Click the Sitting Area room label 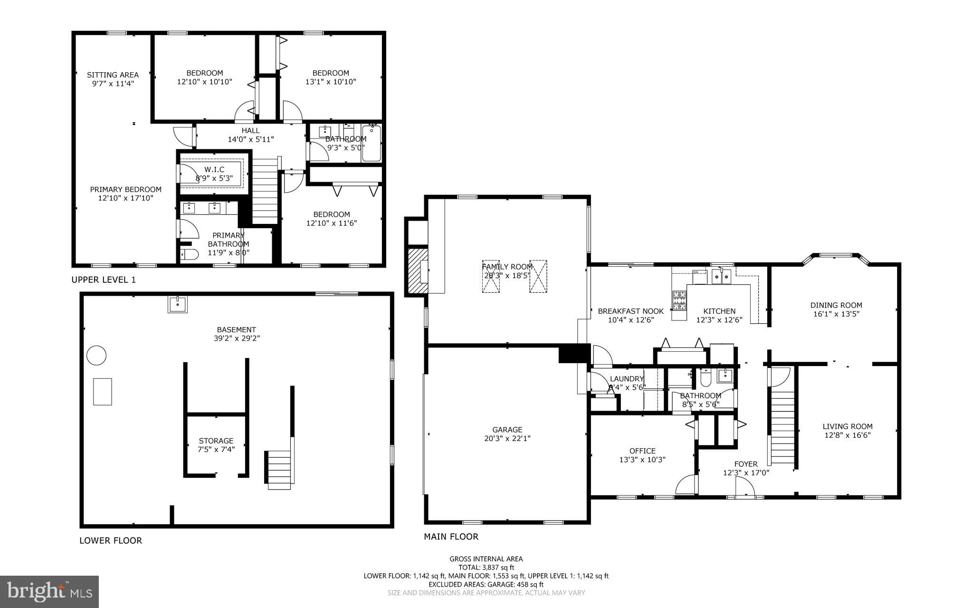pyautogui.click(x=113, y=75)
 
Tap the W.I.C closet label pyautogui.click(x=214, y=170)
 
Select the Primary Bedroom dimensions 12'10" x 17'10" pyautogui.click(x=126, y=198)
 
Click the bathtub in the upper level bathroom pyautogui.click(x=372, y=144)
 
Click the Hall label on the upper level pyautogui.click(x=250, y=131)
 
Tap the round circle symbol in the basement pyautogui.click(x=96, y=356)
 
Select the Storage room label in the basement pyautogui.click(x=216, y=441)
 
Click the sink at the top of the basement pyautogui.click(x=178, y=304)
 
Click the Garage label pyautogui.click(x=507, y=430)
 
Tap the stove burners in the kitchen pyautogui.click(x=679, y=300)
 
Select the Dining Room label pyautogui.click(x=836, y=305)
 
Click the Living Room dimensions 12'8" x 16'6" pyautogui.click(x=847, y=435)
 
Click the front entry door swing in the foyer pyautogui.click(x=744, y=488)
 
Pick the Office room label pyautogui.click(x=642, y=451)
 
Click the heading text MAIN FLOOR pyautogui.click(x=451, y=537)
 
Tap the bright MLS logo pyautogui.click(x=49, y=591)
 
